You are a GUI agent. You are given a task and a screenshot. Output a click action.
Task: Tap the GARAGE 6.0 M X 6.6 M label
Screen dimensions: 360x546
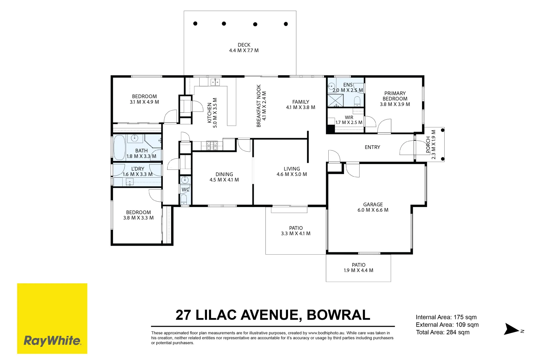click(x=373, y=207)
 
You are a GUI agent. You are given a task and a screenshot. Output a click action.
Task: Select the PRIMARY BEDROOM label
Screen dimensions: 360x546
click(x=395, y=99)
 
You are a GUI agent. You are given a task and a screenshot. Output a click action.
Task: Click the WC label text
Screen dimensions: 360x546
click(x=185, y=190)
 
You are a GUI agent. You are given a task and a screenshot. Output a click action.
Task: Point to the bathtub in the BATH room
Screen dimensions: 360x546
click(x=119, y=147)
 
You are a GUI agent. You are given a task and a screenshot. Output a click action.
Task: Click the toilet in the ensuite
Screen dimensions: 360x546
click(x=357, y=101)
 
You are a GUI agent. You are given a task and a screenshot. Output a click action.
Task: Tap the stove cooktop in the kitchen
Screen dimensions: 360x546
click(x=212, y=145)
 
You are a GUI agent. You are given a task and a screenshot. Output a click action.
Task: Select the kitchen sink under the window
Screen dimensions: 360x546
click(x=215, y=82)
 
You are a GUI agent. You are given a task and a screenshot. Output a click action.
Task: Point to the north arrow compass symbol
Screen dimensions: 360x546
click(x=512, y=329)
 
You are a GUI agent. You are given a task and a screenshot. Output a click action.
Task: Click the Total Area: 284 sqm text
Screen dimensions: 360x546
click(x=442, y=332)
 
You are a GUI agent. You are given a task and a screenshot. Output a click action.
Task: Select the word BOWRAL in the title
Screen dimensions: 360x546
click(x=338, y=315)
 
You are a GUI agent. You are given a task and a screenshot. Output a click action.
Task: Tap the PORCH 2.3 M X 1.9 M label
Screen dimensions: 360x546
click(x=431, y=145)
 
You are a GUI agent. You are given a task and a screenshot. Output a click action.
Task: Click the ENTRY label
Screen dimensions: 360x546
click(x=372, y=147)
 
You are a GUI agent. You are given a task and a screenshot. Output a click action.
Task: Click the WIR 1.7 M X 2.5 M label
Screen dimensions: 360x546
click(x=349, y=120)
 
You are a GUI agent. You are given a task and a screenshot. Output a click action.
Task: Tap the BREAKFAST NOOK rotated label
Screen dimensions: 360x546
click(x=261, y=106)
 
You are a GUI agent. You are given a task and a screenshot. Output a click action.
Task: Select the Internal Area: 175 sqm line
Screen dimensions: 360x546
click(x=446, y=317)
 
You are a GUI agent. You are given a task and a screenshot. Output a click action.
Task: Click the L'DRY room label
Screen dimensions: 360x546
click(x=137, y=171)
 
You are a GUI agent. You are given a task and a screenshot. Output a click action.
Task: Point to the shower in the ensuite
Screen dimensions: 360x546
click(x=335, y=100)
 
